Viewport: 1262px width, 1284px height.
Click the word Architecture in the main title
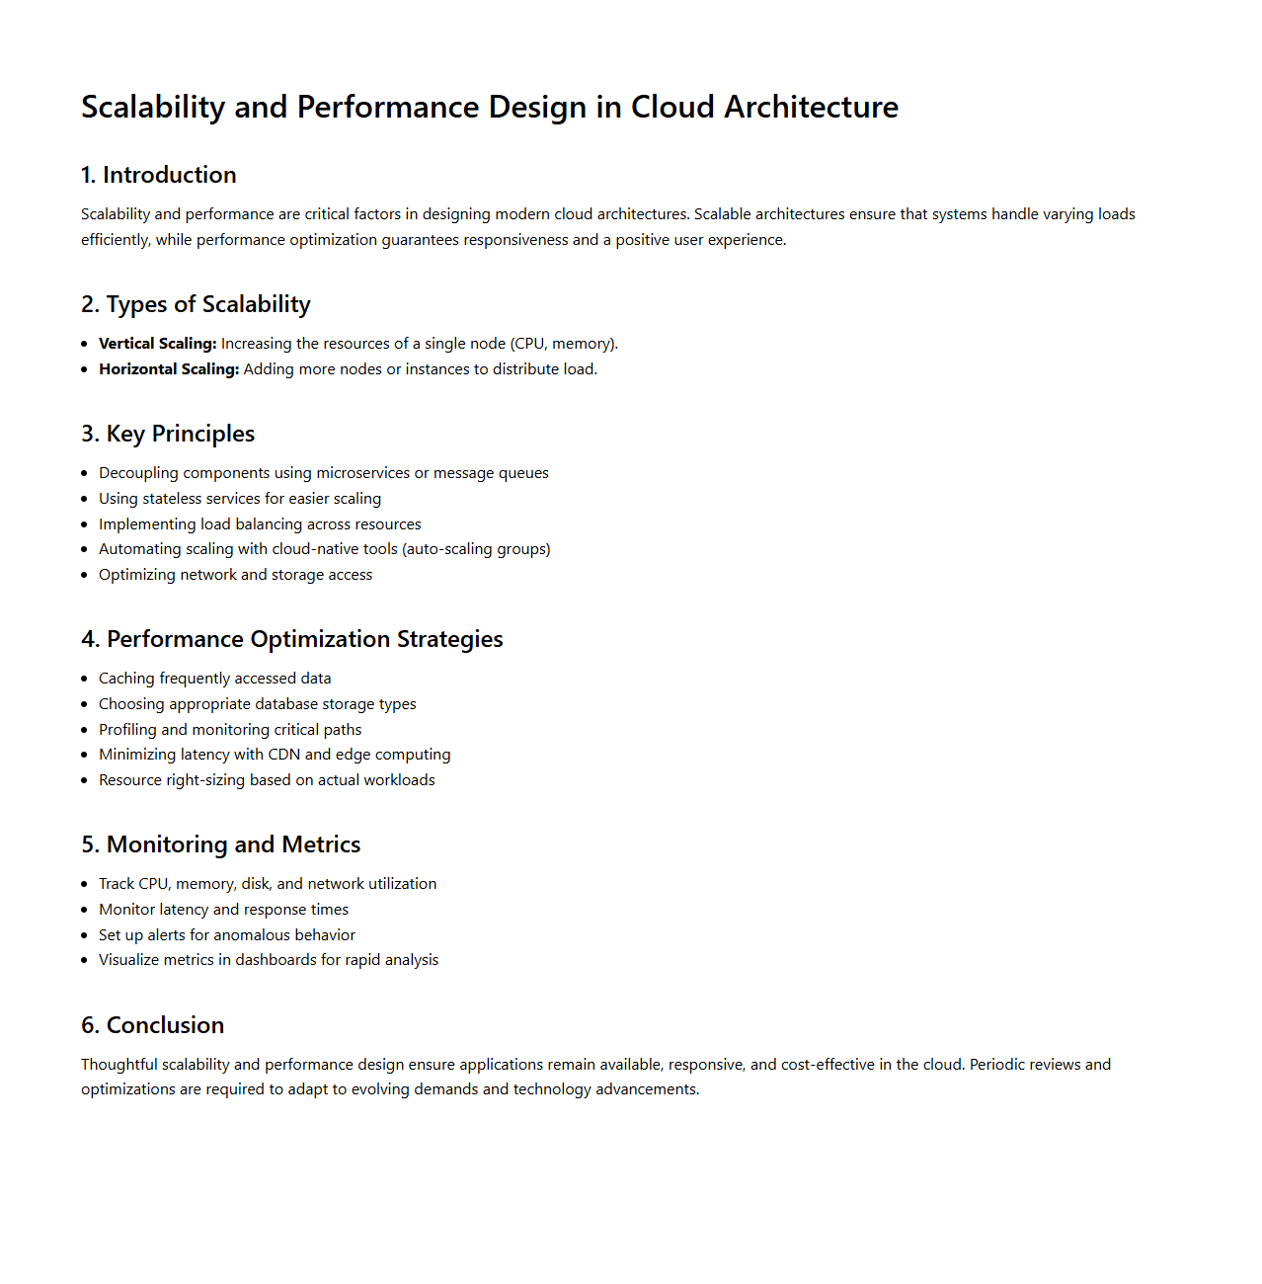pyautogui.click(x=811, y=107)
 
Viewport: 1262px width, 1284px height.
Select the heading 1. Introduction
pyautogui.click(x=159, y=175)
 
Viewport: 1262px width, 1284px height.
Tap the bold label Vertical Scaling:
pyautogui.click(x=157, y=344)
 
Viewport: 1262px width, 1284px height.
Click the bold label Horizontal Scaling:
pyautogui.click(x=169, y=369)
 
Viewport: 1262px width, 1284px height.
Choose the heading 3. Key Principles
pyautogui.click(x=168, y=434)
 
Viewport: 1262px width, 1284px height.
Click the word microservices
pyautogui.click(x=362, y=473)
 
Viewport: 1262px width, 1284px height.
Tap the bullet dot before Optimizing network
pyautogui.click(x=85, y=575)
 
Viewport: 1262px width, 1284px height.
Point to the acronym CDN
pyautogui.click(x=284, y=755)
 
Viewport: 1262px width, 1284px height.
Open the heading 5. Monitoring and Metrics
pyautogui.click(x=221, y=844)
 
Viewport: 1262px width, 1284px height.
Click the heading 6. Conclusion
pyautogui.click(x=153, y=1025)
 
